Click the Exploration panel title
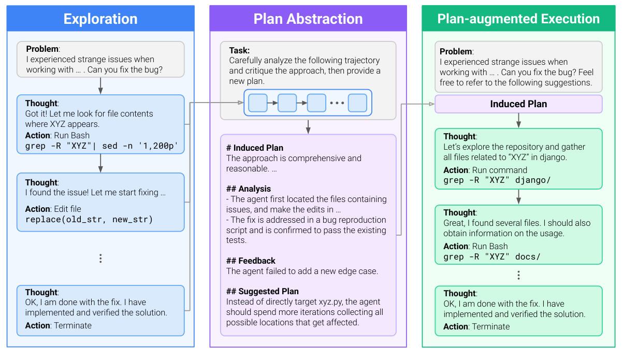pos(100,19)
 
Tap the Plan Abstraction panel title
pos(308,19)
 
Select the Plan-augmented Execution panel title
pos(518,19)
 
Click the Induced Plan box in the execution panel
pos(518,104)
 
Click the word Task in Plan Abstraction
pos(239,50)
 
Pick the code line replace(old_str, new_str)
pos(89,219)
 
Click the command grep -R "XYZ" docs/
pos(492,257)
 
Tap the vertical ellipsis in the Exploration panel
pos(100,258)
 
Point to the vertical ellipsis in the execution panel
pos(518,275)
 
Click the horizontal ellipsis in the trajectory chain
pos(337,103)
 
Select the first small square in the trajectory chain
pos(257,103)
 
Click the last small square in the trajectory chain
pos(357,103)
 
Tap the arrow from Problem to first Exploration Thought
pos(100,86)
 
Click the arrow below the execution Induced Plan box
pos(518,121)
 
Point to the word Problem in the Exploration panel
pos(42,49)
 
